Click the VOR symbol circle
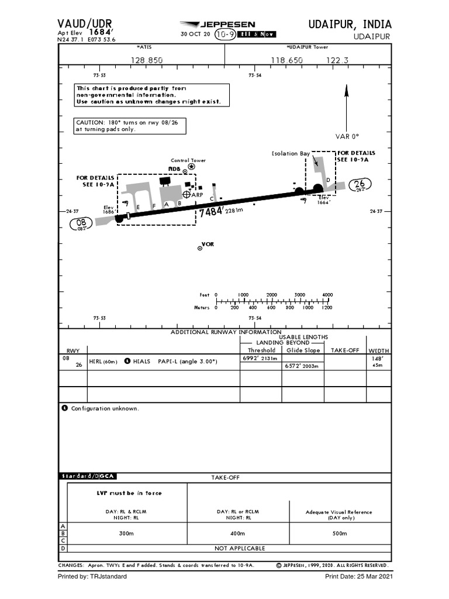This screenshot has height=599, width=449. (200, 249)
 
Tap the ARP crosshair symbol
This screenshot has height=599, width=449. (187, 194)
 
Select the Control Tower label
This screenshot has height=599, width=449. (188, 160)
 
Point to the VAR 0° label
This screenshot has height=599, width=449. (347, 136)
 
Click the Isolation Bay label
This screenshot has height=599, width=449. (291, 154)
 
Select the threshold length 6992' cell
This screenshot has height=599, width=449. (260, 358)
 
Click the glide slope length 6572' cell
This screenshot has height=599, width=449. (302, 366)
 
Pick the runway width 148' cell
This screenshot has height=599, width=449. (378, 358)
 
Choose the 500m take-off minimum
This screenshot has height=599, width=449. (339, 533)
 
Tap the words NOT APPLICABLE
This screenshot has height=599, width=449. (240, 548)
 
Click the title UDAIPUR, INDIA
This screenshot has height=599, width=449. (350, 24)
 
